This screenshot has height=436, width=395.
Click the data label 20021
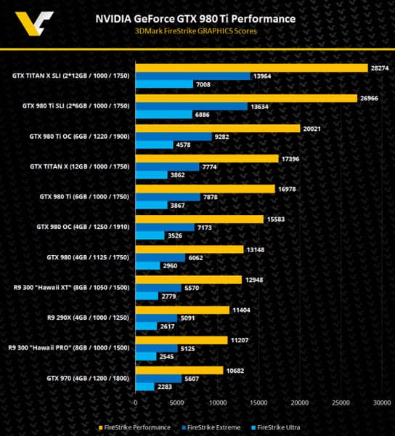[312, 128]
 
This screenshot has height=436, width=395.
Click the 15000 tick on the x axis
[259, 402]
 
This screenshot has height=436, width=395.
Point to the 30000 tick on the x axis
[382, 402]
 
